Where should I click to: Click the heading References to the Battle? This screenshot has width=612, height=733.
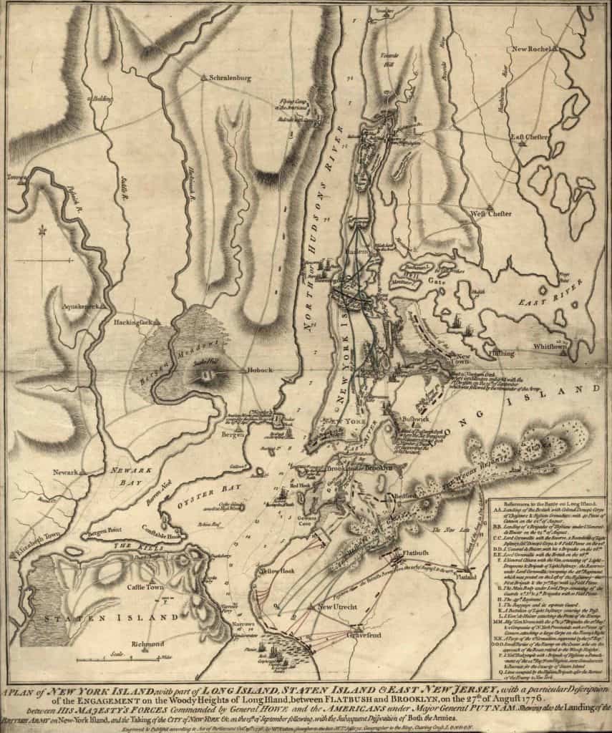(x=549, y=505)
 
